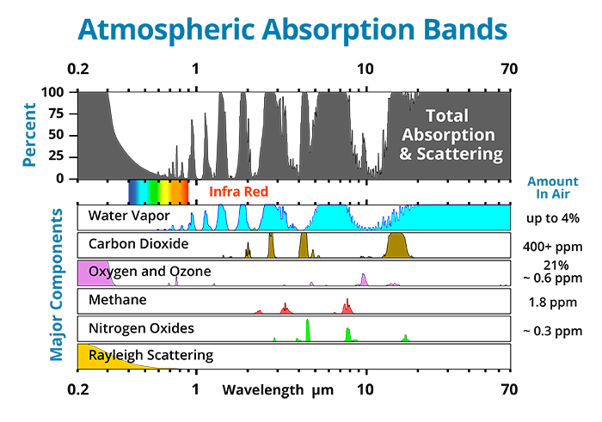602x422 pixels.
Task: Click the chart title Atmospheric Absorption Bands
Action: [x=292, y=30]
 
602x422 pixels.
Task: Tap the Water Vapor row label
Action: [x=129, y=215]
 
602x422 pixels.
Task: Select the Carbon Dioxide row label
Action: [x=138, y=243]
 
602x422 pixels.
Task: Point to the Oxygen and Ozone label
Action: [x=150, y=272]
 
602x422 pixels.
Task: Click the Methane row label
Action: [x=118, y=300]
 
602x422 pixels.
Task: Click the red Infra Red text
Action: [x=238, y=192]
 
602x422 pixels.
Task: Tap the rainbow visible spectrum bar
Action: [x=158, y=191]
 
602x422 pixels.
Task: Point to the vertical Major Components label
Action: [x=57, y=284]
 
